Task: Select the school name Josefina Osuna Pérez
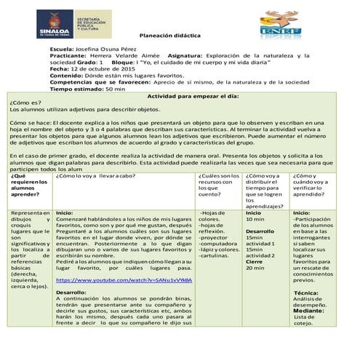pyautogui.click(x=108, y=56)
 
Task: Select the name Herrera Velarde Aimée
pyautogui.click(x=128, y=63)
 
